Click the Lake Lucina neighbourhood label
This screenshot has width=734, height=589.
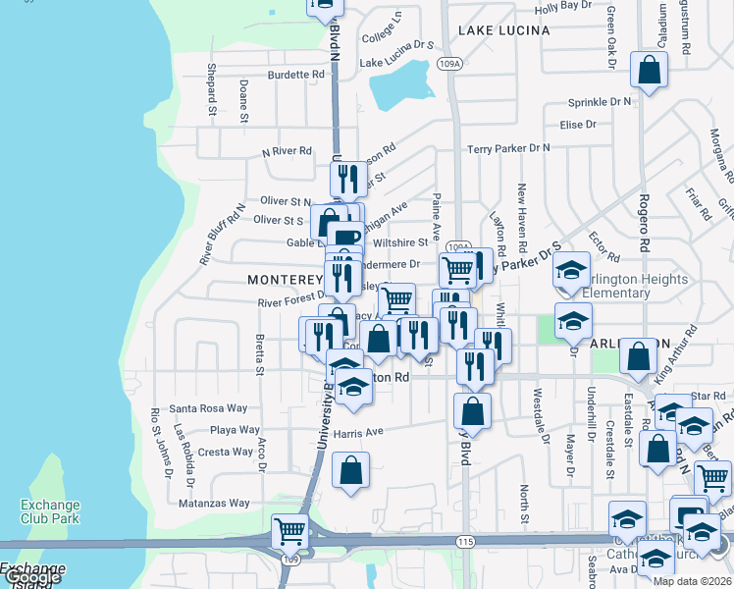coord(503,30)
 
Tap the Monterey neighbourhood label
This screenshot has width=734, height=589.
coord(285,280)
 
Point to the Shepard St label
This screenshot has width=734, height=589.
coord(211,86)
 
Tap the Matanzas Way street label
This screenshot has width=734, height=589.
coord(214,503)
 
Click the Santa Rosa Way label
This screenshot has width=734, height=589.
coord(208,408)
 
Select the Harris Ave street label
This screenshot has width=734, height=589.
coord(357,431)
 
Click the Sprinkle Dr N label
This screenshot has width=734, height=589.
coord(600,102)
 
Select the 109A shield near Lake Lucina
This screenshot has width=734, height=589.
coord(449,65)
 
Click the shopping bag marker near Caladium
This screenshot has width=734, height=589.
coord(650,70)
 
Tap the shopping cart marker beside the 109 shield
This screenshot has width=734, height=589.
coord(289,532)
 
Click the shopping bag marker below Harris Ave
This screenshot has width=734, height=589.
coord(350,471)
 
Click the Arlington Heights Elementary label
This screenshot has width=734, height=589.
coord(635,286)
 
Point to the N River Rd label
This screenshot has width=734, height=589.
coord(287,151)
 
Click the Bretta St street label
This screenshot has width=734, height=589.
coord(259,354)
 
